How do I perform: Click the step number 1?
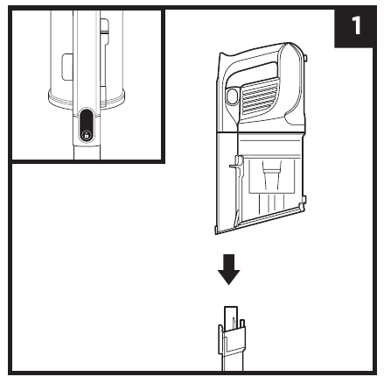(x=356, y=25)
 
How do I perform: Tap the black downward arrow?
(x=229, y=269)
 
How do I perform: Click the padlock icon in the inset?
(x=87, y=136)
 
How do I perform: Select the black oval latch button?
(x=87, y=125)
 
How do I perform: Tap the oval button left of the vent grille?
(x=232, y=96)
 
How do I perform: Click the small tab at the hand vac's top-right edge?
(x=305, y=58)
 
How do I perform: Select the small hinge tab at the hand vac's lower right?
(x=304, y=201)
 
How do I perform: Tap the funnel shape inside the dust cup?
(x=272, y=174)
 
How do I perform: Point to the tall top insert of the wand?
(x=231, y=317)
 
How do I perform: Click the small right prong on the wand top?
(x=242, y=324)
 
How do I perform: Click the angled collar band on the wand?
(x=234, y=339)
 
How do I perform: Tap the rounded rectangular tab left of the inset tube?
(x=67, y=67)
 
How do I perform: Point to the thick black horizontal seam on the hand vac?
(x=261, y=132)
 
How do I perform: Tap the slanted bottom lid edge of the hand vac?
(x=259, y=220)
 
